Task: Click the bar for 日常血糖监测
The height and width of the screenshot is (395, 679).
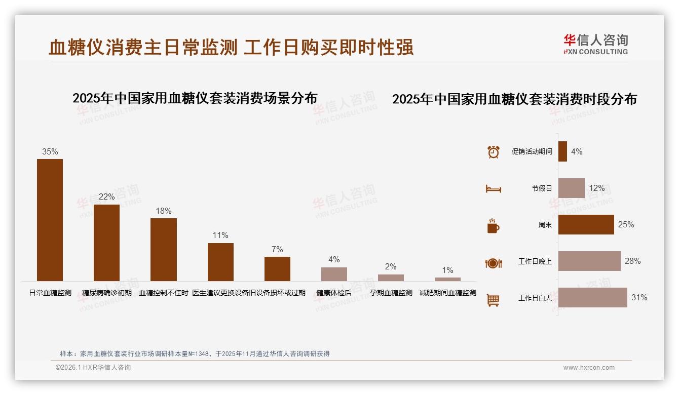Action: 50,220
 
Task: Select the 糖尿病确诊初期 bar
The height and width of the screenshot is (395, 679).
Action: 106,243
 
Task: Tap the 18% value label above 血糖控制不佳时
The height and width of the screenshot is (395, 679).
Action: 164,211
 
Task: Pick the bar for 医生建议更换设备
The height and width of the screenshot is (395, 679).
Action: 220,262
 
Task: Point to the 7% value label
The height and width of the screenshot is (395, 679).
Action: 277,250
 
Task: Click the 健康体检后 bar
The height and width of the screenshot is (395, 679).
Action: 334,274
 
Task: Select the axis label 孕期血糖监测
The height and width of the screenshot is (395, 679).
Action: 391,293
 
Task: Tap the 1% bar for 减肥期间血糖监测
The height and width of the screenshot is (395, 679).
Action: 447,279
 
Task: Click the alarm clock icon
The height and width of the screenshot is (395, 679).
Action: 493,151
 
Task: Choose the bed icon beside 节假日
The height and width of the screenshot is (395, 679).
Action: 493,188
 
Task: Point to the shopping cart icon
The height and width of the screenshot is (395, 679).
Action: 493,300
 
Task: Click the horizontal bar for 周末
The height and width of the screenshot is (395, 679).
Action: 586,224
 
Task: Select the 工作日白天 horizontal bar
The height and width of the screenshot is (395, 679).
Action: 592,298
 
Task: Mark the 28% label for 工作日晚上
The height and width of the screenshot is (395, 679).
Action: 632,261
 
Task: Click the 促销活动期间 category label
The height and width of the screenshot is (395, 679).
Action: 532,151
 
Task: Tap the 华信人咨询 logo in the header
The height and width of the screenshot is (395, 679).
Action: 595,45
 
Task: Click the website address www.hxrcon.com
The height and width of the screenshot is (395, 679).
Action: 589,368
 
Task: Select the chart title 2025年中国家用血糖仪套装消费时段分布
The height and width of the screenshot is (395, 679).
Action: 514,99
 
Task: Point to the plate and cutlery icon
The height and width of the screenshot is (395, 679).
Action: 493,263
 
